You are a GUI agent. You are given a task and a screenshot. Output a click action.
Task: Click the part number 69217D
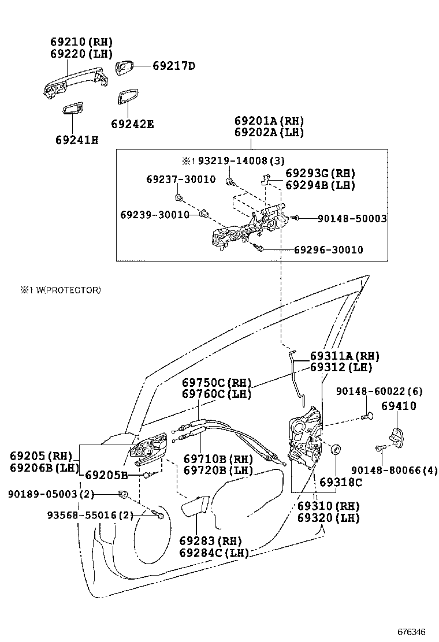pyautogui.click(x=174, y=66)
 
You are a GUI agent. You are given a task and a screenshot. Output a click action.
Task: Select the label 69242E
pyautogui.click(x=133, y=124)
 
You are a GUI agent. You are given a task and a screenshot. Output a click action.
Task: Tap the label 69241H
pyautogui.click(x=77, y=139)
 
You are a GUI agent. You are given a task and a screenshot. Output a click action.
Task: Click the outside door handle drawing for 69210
pyautogui.click(x=75, y=84)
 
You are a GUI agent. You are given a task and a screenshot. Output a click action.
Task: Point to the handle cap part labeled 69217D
pyautogui.click(x=125, y=68)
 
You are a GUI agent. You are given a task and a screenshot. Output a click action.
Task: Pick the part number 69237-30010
pyautogui.click(x=181, y=180)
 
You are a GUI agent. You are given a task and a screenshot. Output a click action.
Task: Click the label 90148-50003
pyautogui.click(x=352, y=219)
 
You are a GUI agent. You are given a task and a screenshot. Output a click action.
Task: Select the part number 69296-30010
pyautogui.click(x=329, y=249)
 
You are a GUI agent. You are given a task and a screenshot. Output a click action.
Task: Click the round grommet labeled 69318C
pyautogui.click(x=334, y=449)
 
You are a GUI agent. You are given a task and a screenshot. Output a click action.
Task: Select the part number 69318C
pyautogui.click(x=341, y=482)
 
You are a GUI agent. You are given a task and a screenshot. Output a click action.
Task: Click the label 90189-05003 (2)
pyautogui.click(x=51, y=494)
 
